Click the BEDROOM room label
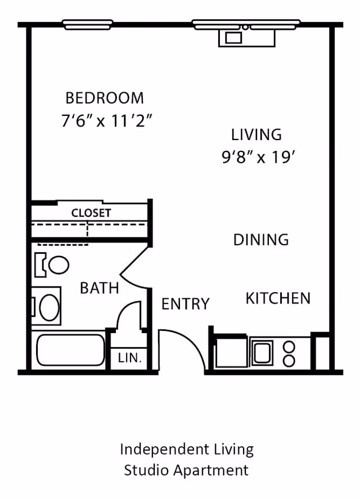[x=105, y=98]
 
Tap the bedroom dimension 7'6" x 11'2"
[x=107, y=120]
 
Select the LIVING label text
[x=256, y=135]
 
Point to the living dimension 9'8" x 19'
[x=259, y=157]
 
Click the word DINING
[x=261, y=240]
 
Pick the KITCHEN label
[x=278, y=298]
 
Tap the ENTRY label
[x=185, y=304]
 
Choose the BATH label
[x=100, y=288]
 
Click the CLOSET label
[x=91, y=213]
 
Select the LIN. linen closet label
[x=129, y=357]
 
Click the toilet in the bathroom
[x=53, y=264]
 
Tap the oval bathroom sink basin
[x=49, y=307]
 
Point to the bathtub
[x=71, y=350]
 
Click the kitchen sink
[x=262, y=353]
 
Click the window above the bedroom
[x=87, y=24]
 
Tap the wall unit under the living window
[x=246, y=38]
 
